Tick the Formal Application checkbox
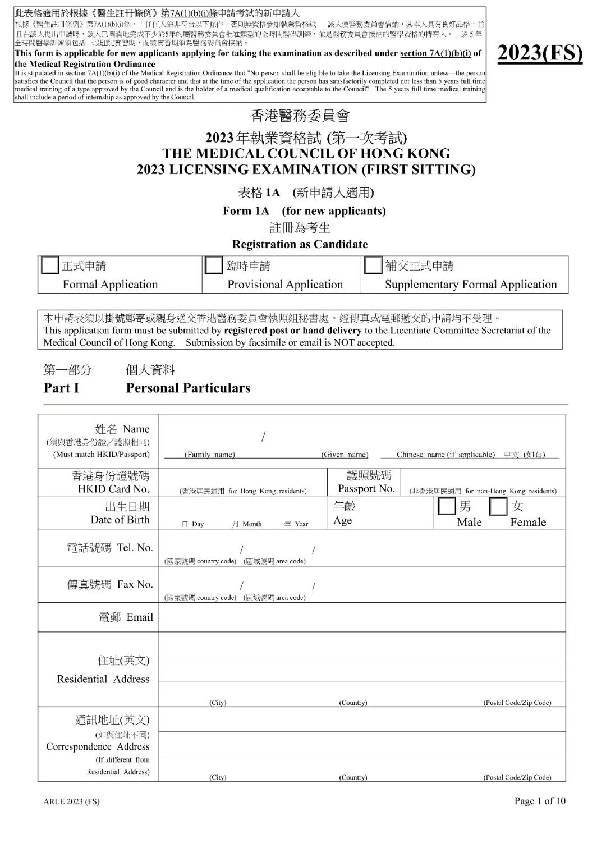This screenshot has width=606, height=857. (x=50, y=265)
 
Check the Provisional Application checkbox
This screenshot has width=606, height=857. (x=214, y=265)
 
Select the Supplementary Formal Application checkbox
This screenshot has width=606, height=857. (x=373, y=265)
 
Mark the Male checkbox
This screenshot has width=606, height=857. (x=447, y=506)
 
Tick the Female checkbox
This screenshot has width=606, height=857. (x=498, y=506)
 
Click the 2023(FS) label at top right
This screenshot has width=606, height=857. (x=540, y=53)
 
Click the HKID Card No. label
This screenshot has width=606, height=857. (x=113, y=489)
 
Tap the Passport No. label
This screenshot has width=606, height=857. (x=366, y=488)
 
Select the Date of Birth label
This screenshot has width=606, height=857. (x=120, y=520)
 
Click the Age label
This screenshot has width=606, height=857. (x=343, y=520)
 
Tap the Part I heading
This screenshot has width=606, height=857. (x=61, y=388)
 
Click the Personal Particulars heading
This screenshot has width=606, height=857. (x=188, y=388)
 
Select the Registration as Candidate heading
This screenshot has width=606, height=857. (x=300, y=244)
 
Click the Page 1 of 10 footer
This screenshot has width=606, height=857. (x=540, y=801)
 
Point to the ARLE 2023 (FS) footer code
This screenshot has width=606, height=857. (x=72, y=801)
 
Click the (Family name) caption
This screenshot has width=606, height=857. (x=210, y=455)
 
